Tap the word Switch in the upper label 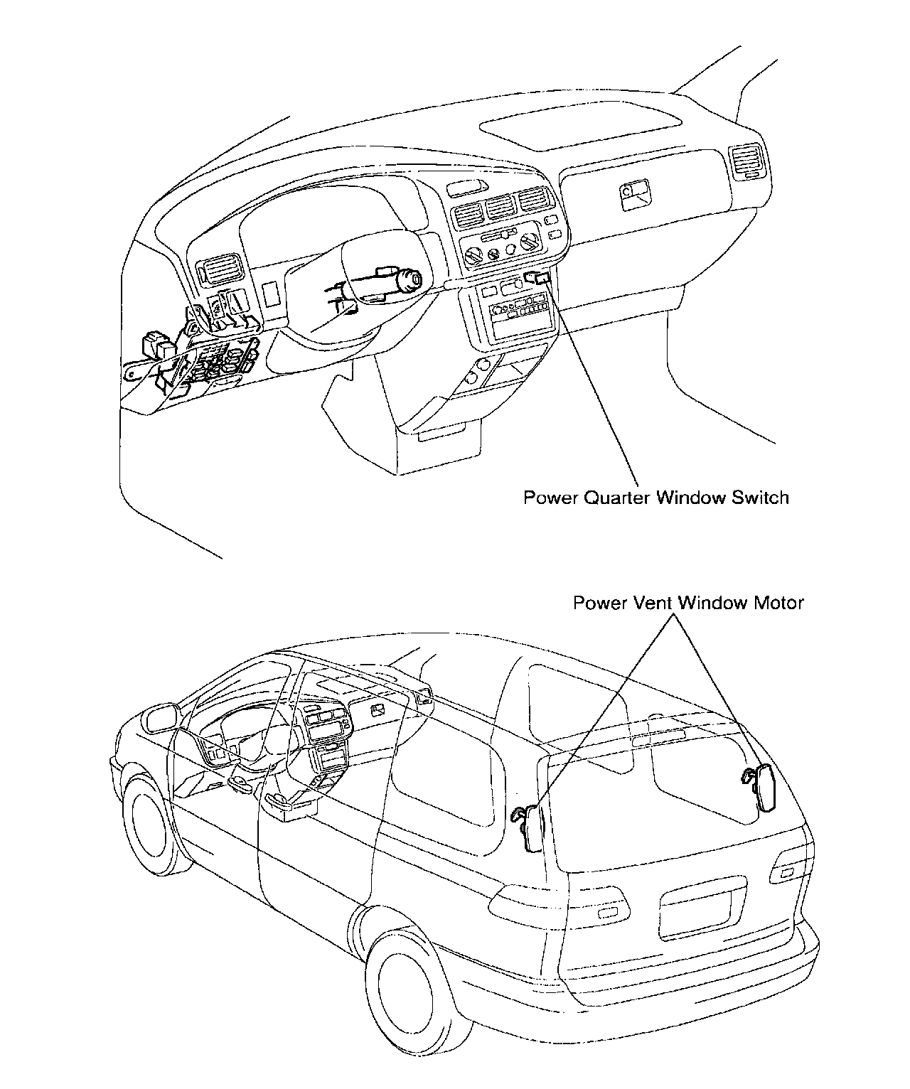coord(760,497)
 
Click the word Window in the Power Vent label coord(712,603)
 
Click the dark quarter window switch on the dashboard coord(538,278)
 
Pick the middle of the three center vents coord(500,208)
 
